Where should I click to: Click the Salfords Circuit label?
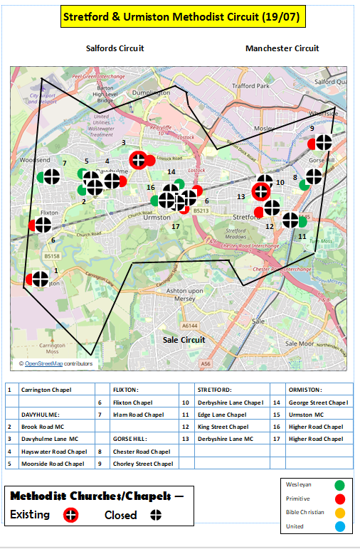pyautogui.click(x=115, y=48)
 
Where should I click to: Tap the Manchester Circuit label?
pyautogui.click(x=282, y=48)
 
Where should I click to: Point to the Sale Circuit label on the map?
pyautogui.click(x=183, y=340)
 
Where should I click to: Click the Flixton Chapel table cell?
pyautogui.click(x=133, y=403)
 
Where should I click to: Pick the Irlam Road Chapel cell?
pyautogui.click(x=139, y=415)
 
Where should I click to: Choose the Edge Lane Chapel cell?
pyautogui.click(x=222, y=415)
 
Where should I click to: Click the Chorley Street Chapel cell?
pyautogui.click(x=143, y=464)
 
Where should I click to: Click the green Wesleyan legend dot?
pyautogui.click(x=339, y=484)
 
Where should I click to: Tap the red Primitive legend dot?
pyautogui.click(x=339, y=499)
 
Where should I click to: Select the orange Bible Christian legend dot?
pyautogui.click(x=339, y=512)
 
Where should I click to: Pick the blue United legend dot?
pyautogui.click(x=339, y=526)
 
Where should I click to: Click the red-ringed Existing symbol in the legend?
pyautogui.click(x=69, y=515)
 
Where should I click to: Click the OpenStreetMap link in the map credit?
pyautogui.click(x=44, y=363)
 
